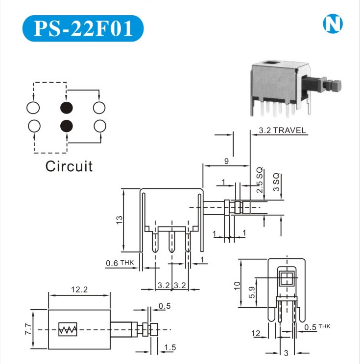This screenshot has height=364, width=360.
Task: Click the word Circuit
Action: click(69, 166)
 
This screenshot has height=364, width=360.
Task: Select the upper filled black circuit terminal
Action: click(67, 107)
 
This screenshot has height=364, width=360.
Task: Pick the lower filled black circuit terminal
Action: click(67, 126)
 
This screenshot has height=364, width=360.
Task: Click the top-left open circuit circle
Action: click(34, 107)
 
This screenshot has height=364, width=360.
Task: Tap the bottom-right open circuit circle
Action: click(99, 126)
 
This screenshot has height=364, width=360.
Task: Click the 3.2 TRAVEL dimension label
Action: click(282, 131)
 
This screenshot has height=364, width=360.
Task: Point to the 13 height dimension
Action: click(119, 221)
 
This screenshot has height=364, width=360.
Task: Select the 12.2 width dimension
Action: click(79, 290)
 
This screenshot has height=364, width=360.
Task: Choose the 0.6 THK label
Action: click(120, 264)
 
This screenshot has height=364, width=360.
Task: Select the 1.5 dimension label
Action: click(170, 348)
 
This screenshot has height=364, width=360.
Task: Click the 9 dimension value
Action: click(226, 160)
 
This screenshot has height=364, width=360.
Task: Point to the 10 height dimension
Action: click(238, 285)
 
